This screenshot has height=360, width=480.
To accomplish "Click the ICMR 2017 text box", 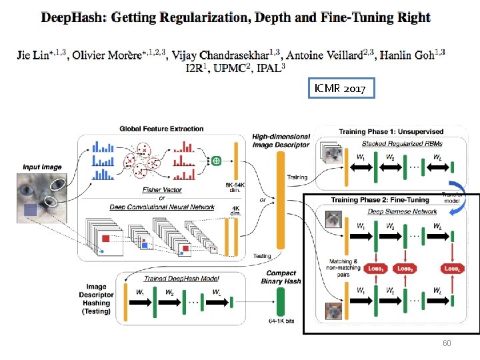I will (x=341, y=88).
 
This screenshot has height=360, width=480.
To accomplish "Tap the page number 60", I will (x=447, y=343).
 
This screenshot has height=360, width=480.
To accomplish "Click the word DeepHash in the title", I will (x=71, y=17).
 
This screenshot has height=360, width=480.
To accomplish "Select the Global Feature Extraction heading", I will (x=163, y=128).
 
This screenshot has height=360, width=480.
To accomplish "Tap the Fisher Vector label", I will (x=163, y=191).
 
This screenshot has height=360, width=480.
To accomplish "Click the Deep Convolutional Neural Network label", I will (x=163, y=207).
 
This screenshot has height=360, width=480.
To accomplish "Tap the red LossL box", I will (x=452, y=268).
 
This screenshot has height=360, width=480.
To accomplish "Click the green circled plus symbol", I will (x=216, y=161).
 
